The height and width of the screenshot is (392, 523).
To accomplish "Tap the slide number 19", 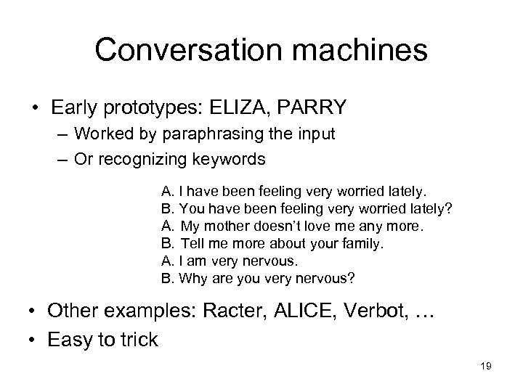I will (x=486, y=367).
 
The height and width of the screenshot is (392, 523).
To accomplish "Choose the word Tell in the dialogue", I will (x=192, y=242).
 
